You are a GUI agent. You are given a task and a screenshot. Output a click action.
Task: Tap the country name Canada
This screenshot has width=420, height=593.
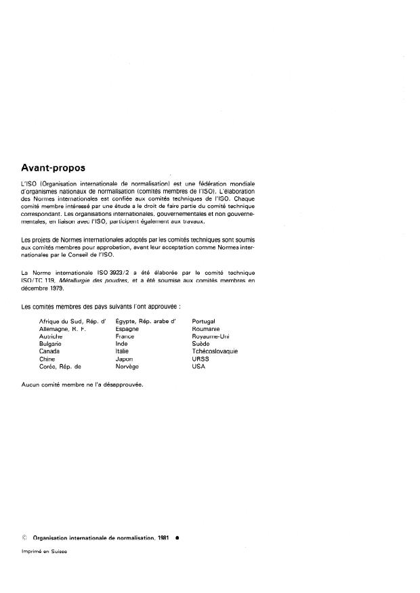pos(50,351)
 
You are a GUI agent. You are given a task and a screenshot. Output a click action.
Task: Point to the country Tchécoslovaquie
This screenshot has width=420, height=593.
pos(215,351)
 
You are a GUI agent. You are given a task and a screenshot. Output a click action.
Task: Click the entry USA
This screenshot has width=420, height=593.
pos(198,366)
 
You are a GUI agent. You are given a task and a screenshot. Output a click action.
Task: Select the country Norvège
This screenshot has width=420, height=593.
pos(127,366)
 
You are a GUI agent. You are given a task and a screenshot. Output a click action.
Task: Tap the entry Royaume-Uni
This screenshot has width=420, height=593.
pos(211,336)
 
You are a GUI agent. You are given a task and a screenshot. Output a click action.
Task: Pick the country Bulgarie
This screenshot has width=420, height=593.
pos(51,344)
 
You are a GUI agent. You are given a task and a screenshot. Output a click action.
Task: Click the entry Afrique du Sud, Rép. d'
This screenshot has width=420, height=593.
pos(74,321)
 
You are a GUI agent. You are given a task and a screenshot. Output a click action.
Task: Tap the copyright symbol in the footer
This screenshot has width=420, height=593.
pos(24,537)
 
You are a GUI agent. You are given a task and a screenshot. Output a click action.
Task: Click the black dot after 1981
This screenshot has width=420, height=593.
pos(176,537)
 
